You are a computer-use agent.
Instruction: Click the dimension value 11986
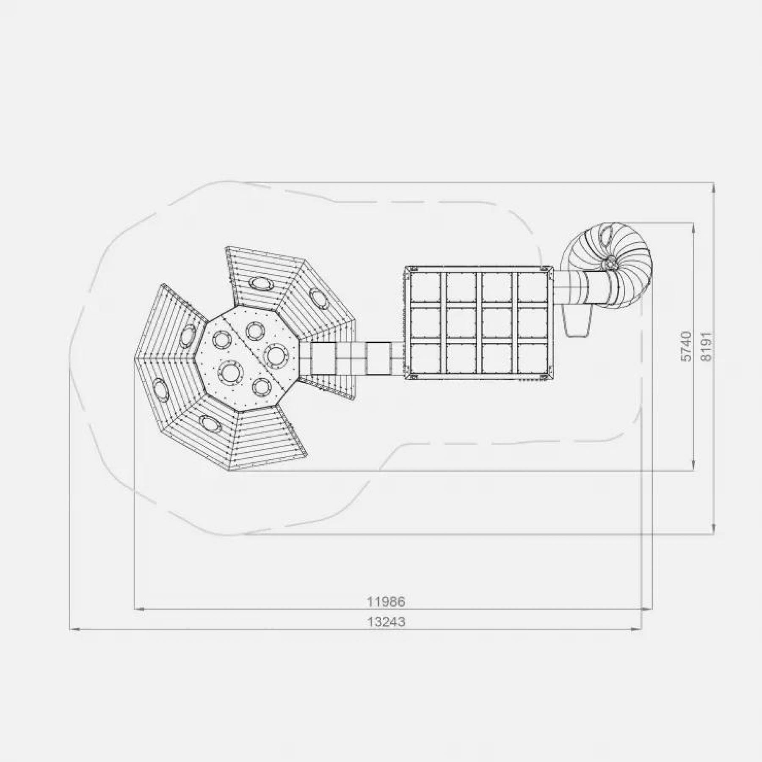pyautogui.click(x=386, y=602)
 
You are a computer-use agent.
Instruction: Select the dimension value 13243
pyautogui.click(x=386, y=622)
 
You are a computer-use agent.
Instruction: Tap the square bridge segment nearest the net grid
pyautogui.click(x=378, y=358)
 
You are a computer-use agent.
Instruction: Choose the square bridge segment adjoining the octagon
pyautogui.click(x=323, y=358)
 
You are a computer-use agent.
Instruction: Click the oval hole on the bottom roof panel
pyautogui.click(x=210, y=423)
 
